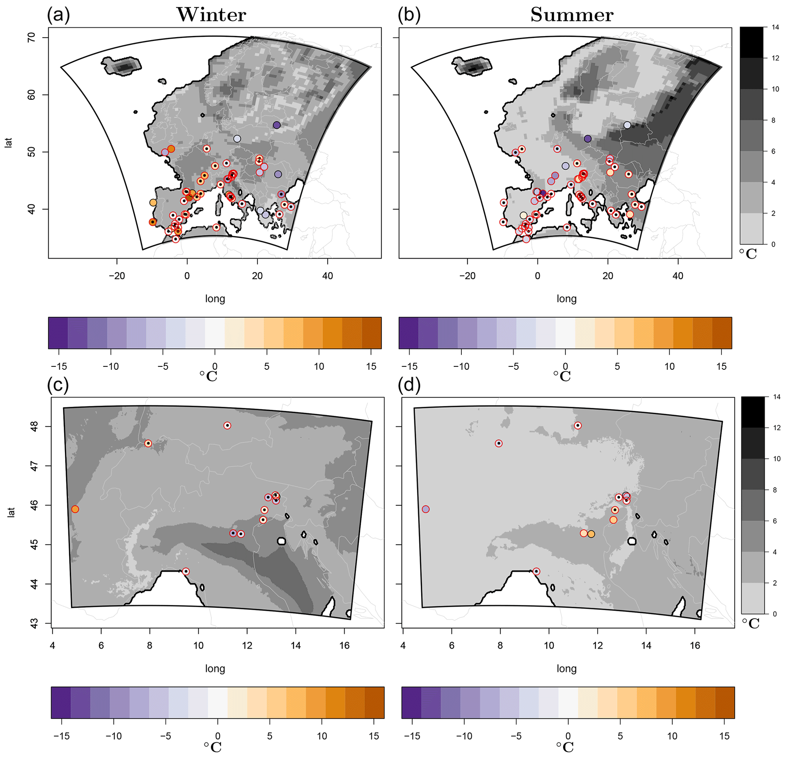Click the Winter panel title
click(x=211, y=15)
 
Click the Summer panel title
click(x=572, y=15)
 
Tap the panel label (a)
click(x=58, y=15)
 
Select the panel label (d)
click(x=409, y=385)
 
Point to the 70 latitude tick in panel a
click(x=32, y=38)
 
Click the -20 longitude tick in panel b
click(x=468, y=276)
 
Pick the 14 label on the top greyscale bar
click(x=776, y=27)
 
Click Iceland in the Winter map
click(x=122, y=66)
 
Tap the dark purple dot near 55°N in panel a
click(x=277, y=125)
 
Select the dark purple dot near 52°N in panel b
click(x=588, y=139)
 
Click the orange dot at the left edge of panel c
click(x=75, y=509)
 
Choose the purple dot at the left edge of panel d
click(x=426, y=509)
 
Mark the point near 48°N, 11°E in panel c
click(x=227, y=426)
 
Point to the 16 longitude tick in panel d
click(x=695, y=646)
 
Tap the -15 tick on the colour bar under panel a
click(x=59, y=366)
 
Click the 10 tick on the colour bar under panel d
click(x=672, y=736)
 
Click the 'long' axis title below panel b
click(x=566, y=299)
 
